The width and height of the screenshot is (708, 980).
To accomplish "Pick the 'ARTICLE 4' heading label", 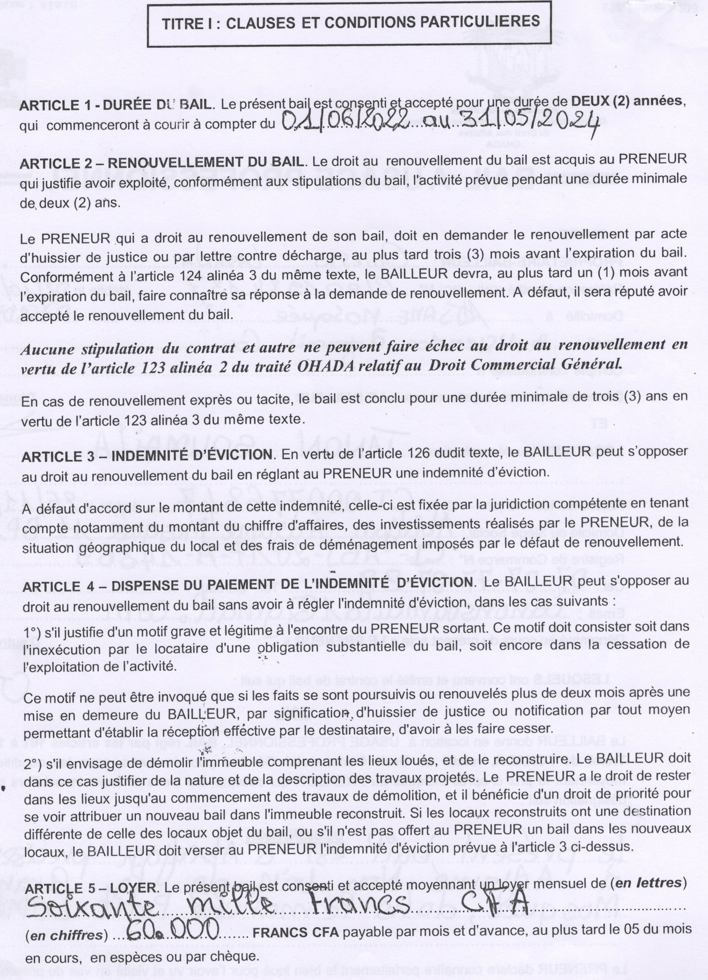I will click(52, 586).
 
